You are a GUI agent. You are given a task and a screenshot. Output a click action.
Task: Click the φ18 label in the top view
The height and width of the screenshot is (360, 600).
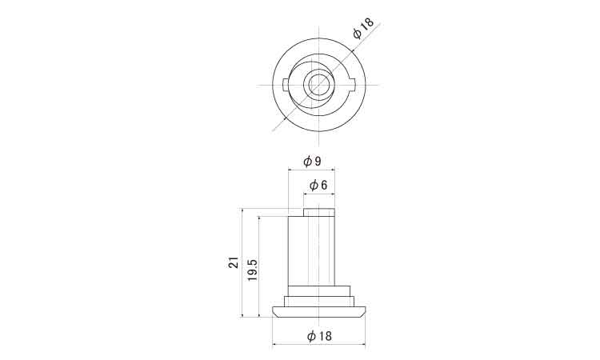[x=363, y=28]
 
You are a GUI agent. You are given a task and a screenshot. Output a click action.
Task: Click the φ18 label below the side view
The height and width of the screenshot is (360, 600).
[x=319, y=336]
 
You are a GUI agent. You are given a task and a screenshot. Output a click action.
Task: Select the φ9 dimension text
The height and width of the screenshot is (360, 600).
[x=312, y=162]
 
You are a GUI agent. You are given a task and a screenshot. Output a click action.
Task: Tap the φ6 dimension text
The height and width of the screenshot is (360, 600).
[x=318, y=186]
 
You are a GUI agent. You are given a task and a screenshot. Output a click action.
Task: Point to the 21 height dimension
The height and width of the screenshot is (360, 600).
[x=234, y=262]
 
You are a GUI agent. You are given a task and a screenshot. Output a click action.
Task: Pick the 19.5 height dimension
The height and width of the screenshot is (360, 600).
[x=252, y=270]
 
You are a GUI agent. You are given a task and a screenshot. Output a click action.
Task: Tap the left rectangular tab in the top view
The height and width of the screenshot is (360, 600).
[x=286, y=85]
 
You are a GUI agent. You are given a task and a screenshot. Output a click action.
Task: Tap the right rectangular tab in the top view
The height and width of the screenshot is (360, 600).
[x=353, y=85]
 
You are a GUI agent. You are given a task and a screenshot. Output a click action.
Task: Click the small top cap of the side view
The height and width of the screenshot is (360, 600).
[x=319, y=212]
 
